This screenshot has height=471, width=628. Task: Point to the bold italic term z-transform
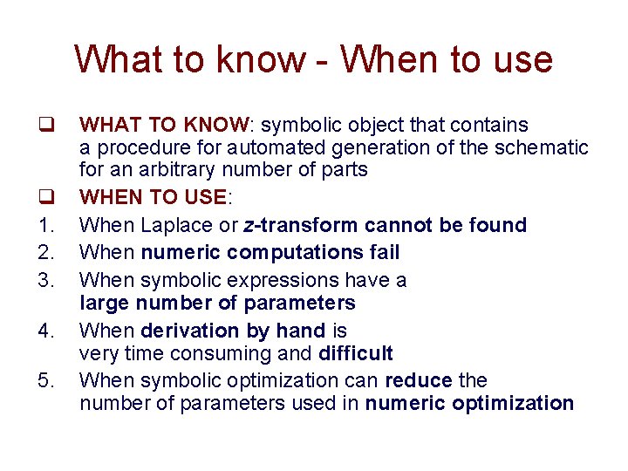pos(295,225)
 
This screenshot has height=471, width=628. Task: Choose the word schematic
pos(543,148)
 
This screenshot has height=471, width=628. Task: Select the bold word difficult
pos(356,353)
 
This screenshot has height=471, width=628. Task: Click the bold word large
pos(102,303)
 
